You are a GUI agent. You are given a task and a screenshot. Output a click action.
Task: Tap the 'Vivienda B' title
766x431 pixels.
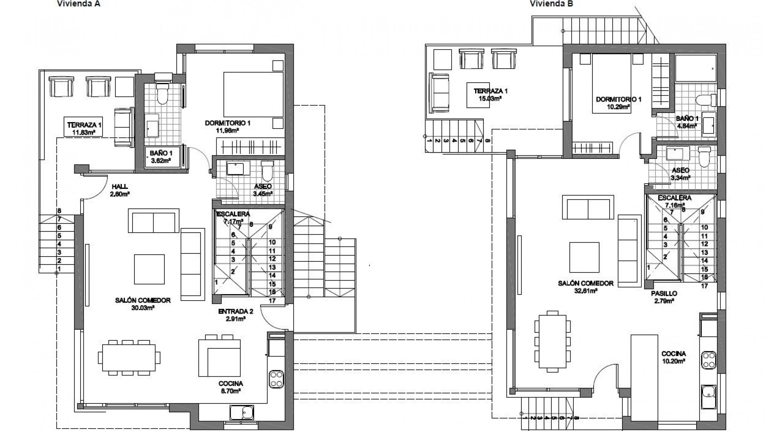(x=551, y=4)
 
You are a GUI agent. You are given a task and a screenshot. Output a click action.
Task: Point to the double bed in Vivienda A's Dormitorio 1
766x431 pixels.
(x=253, y=94)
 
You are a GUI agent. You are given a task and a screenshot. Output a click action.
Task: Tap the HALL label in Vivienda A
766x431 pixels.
(x=120, y=186)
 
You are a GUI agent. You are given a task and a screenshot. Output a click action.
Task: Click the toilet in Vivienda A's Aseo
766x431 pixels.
(x=267, y=171)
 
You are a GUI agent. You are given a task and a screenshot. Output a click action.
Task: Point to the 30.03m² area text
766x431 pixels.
(x=143, y=308)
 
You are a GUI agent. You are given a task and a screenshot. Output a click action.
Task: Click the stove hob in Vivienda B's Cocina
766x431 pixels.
(x=709, y=360)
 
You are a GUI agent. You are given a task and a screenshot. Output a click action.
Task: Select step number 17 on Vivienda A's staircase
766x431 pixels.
(x=272, y=301)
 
